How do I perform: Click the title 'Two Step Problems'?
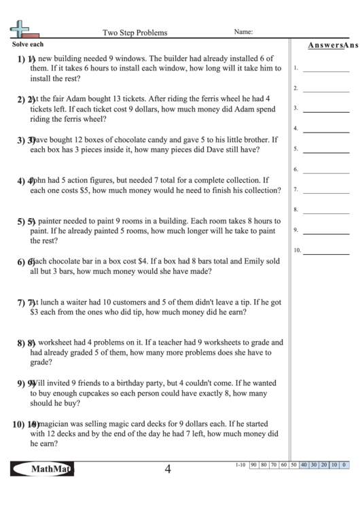(x=134, y=32)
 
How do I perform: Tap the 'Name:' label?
(x=244, y=31)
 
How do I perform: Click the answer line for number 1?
(x=324, y=69)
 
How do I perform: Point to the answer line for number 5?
(x=324, y=151)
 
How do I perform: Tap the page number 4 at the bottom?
(x=167, y=469)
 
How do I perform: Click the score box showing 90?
(x=253, y=465)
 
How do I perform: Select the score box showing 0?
(x=344, y=465)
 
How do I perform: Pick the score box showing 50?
(x=294, y=465)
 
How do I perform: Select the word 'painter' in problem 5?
(x=51, y=221)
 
